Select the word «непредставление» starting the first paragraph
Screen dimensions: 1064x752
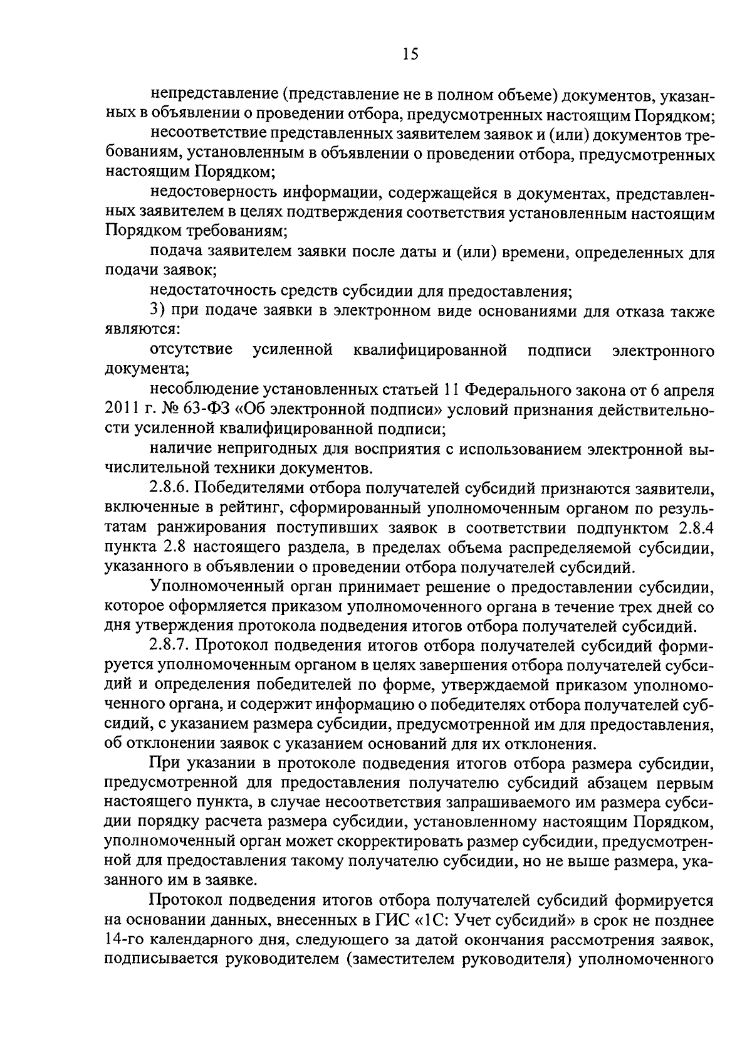[x=213, y=96]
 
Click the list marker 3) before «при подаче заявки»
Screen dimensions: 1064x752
[x=158, y=312]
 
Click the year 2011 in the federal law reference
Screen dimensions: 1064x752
[x=119, y=409]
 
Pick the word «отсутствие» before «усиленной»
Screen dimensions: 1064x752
[x=192, y=350]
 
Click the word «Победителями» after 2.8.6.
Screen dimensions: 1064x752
[x=252, y=488]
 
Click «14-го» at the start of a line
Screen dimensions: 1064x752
[x=123, y=940]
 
